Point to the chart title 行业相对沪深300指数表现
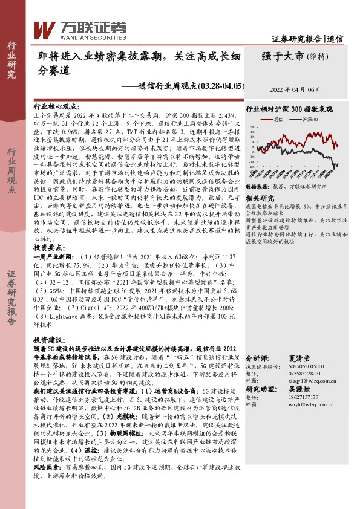point(289,109)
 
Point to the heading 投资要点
point(49,248)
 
